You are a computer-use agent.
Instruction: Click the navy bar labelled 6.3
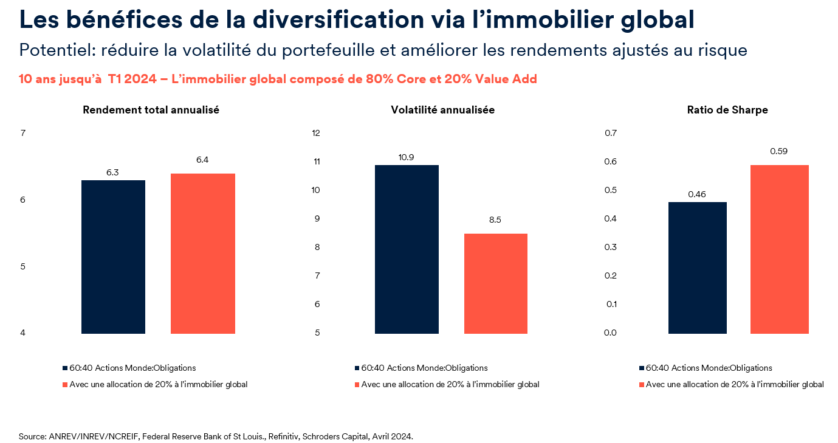[113, 257]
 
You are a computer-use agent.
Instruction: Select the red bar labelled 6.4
[203, 254]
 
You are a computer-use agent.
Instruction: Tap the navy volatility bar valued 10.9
[407, 249]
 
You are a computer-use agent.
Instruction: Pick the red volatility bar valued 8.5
[496, 283]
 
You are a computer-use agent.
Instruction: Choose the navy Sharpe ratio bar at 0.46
[697, 268]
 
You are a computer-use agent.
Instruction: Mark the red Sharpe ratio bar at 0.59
[779, 249]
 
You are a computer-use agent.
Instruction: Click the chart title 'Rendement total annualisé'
[151, 110]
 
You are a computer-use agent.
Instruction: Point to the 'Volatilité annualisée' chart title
[442, 110]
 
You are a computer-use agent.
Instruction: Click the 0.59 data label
[778, 151]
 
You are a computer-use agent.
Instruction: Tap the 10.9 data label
[407, 157]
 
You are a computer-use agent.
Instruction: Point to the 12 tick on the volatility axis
[315, 133]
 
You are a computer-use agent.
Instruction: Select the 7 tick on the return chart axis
[22, 133]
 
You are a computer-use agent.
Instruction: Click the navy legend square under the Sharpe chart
[641, 368]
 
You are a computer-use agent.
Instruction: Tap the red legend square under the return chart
[65, 385]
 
